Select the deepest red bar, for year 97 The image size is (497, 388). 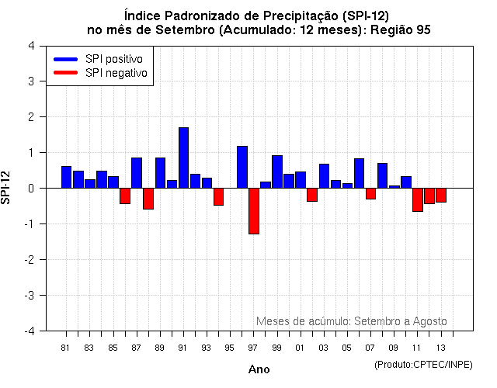[254, 210]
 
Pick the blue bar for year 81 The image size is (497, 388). [66, 177]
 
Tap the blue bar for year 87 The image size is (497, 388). [137, 172]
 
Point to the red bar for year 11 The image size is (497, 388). [418, 199]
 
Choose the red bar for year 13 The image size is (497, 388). [441, 195]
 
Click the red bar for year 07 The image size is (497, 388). [371, 193]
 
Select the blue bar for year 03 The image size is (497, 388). [324, 176]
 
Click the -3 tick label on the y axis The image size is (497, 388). [29, 296]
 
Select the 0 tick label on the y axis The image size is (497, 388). [30, 189]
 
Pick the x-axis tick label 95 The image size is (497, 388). [230, 348]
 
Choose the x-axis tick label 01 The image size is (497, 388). [301, 348]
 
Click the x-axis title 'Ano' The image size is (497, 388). [259, 370]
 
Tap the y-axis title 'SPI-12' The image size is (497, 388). [8, 188]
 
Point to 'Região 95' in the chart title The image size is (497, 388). [402, 29]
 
